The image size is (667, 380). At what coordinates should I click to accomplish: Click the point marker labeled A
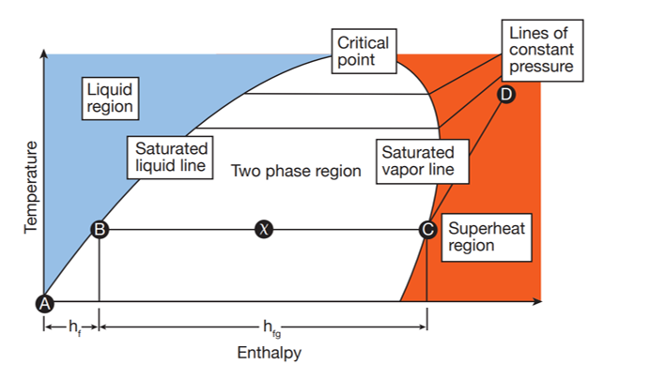tap(43, 302)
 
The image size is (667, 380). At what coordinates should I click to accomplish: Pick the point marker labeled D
tap(506, 95)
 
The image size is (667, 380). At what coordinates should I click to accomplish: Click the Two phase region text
tap(296, 172)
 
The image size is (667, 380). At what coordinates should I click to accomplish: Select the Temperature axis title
tap(31, 189)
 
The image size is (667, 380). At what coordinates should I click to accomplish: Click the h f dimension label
tap(71, 327)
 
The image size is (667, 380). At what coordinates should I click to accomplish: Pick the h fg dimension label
tap(268, 327)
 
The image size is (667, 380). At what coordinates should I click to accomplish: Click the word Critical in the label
tap(363, 43)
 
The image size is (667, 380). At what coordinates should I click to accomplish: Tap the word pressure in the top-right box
tap(540, 68)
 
